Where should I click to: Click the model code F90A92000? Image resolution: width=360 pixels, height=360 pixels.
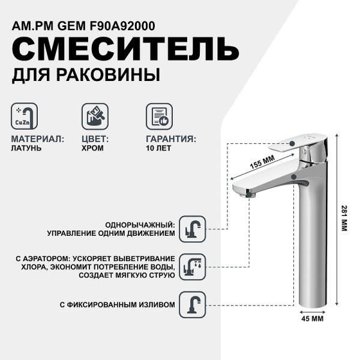[x=122, y=26]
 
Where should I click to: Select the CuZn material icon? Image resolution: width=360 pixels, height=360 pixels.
[x=25, y=116]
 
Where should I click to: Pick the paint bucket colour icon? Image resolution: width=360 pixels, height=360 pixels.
[x=95, y=116]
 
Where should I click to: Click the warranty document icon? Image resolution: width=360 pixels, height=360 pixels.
[x=160, y=116]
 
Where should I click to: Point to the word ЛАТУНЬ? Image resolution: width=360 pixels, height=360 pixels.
[x=26, y=148]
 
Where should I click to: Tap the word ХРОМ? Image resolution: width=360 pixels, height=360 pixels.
[x=92, y=148]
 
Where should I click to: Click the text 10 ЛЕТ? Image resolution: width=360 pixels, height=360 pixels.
[x=158, y=148]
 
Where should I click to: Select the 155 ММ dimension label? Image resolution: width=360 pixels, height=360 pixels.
[x=262, y=162]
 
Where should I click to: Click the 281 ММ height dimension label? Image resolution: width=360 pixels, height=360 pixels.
[x=344, y=218]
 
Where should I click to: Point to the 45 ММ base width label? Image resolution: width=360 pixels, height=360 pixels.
[x=312, y=319]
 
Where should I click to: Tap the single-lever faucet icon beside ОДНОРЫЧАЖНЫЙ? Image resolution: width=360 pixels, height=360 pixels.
[x=193, y=229]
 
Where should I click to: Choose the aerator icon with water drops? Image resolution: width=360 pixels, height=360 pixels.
[x=193, y=267]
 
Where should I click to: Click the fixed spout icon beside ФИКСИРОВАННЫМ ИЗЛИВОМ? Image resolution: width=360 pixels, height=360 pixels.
[x=193, y=305]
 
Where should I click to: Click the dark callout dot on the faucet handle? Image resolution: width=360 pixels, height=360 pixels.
[x=292, y=143]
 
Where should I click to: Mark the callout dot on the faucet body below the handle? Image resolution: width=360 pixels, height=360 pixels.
[x=293, y=176]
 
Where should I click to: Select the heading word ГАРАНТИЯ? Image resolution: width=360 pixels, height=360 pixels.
[x=171, y=139]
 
